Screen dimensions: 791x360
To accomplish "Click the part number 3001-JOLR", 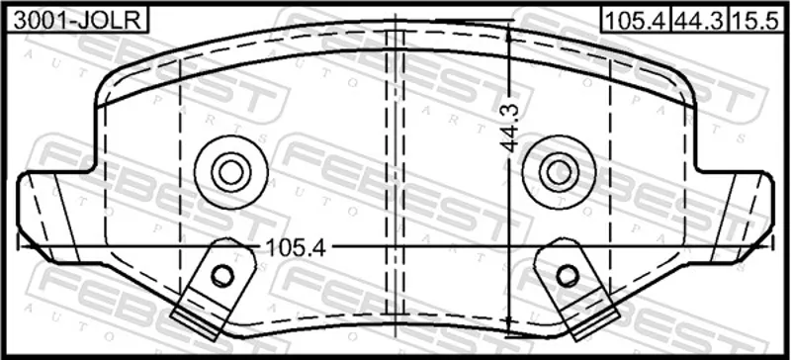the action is (x=77, y=20).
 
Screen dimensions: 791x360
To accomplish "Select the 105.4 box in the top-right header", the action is (x=635, y=20).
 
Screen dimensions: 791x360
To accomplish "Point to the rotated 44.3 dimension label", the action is (x=511, y=129).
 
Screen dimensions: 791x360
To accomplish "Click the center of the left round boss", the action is (x=231, y=172).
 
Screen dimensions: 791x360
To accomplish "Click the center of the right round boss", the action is (x=559, y=172).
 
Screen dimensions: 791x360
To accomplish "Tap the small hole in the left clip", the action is (x=221, y=275).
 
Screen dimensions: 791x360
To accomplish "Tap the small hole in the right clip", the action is (x=568, y=275).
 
